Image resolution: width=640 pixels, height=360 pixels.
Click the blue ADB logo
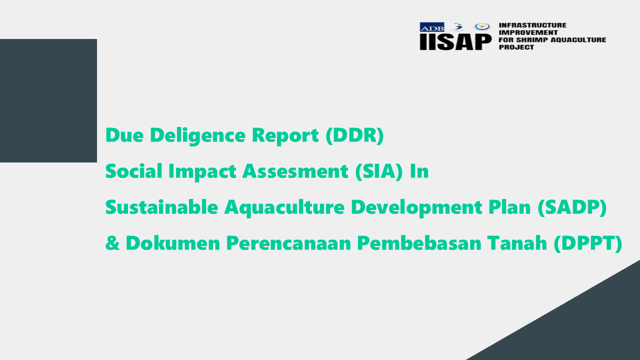point(431,27)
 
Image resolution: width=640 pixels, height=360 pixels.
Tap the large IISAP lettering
point(455,42)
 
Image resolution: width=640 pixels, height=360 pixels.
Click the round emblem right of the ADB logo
point(482,27)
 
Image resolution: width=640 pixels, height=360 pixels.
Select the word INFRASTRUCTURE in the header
point(532,25)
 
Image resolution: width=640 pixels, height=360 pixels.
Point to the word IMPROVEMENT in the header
point(528,32)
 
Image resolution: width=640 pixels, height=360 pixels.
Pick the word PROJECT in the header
point(516,47)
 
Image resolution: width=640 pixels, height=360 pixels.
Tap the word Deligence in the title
point(197,135)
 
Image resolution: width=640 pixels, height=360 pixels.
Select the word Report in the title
point(285,135)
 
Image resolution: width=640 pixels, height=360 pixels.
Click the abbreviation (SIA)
point(379,171)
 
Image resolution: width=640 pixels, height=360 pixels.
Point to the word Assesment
point(295,171)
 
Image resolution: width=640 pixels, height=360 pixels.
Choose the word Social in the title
point(133,171)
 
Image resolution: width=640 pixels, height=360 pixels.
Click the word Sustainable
point(161,207)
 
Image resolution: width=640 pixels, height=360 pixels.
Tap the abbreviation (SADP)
point(572,207)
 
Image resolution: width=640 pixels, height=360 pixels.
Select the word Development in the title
point(416,207)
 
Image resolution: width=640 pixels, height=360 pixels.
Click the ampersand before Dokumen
point(112,243)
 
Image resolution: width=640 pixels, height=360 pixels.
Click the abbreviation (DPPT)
point(588,243)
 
